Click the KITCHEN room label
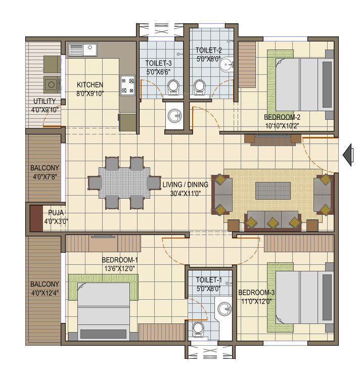click(90, 84)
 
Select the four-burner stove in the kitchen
click(127, 85)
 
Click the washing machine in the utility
click(52, 83)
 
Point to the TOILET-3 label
click(159, 63)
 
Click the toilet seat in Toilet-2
click(201, 87)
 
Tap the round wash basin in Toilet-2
click(228, 64)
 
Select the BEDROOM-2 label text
click(282, 117)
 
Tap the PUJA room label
click(56, 213)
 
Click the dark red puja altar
click(36, 217)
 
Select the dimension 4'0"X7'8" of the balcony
click(44, 177)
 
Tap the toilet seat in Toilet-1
click(198, 329)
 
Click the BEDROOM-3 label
click(257, 293)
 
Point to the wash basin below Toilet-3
click(175, 116)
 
